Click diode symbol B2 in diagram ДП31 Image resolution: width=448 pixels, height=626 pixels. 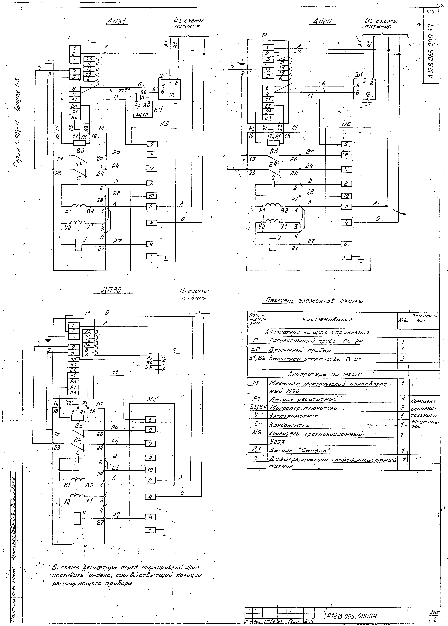click(x=142, y=97)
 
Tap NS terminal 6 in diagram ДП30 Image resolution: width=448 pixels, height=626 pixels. click(x=150, y=518)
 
